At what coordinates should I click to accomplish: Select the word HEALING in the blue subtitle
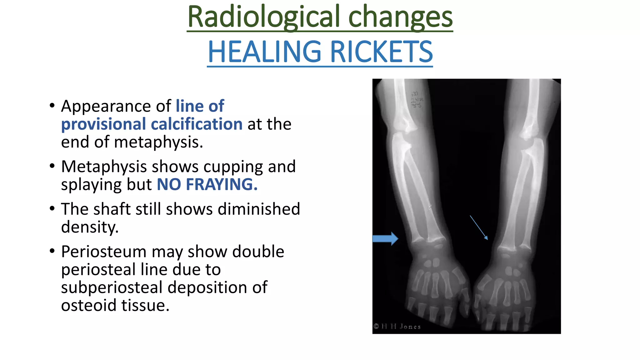[x=264, y=52]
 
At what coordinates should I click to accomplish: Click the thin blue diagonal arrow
[x=479, y=227]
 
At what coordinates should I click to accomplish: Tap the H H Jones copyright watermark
[x=397, y=327]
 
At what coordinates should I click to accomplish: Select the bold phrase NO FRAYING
[x=207, y=184]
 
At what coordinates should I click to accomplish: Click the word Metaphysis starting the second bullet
[x=104, y=167]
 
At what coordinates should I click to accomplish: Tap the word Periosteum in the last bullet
[x=104, y=252]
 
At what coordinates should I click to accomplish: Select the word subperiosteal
[x=112, y=287]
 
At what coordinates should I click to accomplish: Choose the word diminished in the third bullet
[x=259, y=209]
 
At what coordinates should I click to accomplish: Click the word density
[x=90, y=227]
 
